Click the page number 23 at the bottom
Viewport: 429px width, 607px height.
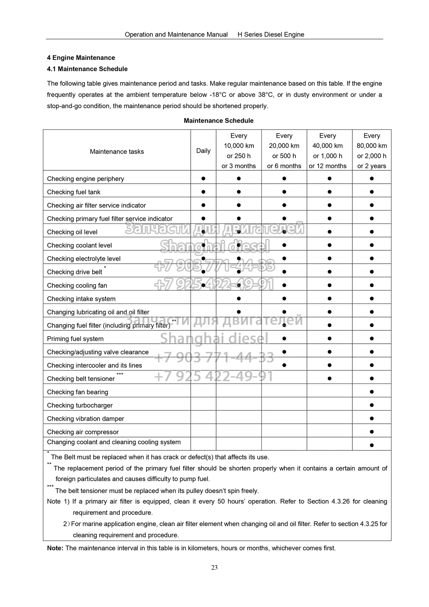214,568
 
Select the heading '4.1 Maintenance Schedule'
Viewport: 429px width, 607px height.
87,69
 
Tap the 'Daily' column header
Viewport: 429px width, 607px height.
203,151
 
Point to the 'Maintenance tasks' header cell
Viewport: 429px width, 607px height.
117,151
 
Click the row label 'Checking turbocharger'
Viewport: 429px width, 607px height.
80,405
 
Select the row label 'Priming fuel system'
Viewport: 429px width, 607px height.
75,339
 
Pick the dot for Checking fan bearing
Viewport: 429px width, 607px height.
372,392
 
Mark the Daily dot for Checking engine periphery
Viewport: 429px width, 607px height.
203,178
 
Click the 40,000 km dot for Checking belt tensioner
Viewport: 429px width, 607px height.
329,378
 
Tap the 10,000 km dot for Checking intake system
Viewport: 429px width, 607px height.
239,299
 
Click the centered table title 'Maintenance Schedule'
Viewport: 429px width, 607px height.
218,121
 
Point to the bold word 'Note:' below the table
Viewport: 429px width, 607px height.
55,548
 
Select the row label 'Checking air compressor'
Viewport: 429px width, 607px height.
83,432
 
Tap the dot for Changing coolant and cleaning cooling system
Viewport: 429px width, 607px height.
372,445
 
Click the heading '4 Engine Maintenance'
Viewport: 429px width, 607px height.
81,58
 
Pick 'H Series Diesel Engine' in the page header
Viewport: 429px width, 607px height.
271,35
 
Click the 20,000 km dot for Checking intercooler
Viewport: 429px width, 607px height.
284,365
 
